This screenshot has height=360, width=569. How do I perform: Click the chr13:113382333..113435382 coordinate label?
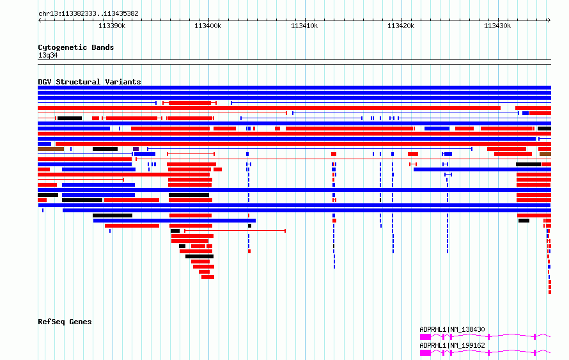[x=88, y=14]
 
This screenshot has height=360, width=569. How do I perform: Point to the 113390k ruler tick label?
[x=112, y=26]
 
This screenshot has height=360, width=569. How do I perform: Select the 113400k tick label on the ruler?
[x=208, y=26]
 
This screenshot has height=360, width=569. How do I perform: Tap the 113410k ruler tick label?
[x=304, y=26]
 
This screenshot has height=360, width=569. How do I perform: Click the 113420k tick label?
[x=401, y=26]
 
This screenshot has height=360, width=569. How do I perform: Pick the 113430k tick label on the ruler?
[x=497, y=26]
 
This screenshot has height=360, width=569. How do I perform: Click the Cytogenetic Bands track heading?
[x=76, y=47]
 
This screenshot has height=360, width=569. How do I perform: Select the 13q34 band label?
[x=48, y=55]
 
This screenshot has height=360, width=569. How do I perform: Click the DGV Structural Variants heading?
[x=90, y=82]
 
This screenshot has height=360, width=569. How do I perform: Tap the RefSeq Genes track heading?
[x=65, y=322]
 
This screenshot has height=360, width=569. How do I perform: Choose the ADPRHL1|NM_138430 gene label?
[x=452, y=329]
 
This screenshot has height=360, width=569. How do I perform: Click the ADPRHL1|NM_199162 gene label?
[x=452, y=345]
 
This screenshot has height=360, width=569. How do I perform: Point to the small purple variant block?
[x=136, y=149]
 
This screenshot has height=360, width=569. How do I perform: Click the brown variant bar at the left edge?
[x=51, y=149]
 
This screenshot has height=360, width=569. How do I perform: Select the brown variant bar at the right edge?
[x=545, y=154]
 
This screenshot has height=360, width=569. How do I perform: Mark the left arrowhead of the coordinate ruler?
[x=39, y=20]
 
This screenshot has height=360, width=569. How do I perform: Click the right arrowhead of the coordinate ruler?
[x=549, y=20]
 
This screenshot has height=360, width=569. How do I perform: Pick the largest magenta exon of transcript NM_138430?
[x=425, y=337]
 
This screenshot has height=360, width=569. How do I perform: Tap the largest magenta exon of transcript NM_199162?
[x=425, y=353]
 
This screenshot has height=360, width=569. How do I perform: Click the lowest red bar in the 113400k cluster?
[x=208, y=277]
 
